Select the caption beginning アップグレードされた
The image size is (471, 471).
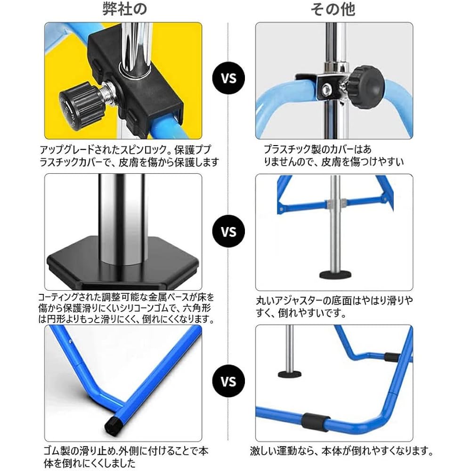click(x=130, y=156)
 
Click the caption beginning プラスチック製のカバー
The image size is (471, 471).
click(x=334, y=156)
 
